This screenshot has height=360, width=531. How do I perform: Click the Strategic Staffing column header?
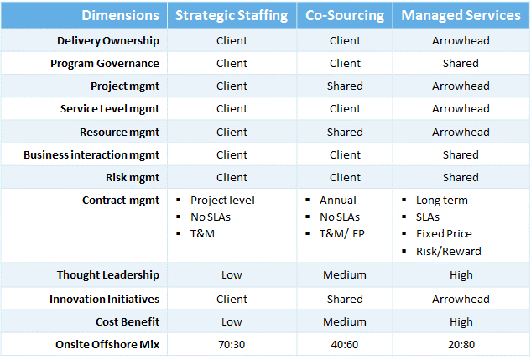coord(232,16)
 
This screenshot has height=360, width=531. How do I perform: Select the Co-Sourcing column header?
coord(345,16)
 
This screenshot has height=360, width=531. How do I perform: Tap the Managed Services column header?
coord(461,16)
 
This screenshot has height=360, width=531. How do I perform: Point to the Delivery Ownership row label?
coord(108,40)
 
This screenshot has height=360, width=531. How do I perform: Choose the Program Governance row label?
coord(105,63)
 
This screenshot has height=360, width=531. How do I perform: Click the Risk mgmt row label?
coord(133,177)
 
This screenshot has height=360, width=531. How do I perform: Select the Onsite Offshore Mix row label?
coord(107,344)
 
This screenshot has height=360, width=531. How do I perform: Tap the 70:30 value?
coord(232,344)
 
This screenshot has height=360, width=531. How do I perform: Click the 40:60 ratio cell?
coord(345,344)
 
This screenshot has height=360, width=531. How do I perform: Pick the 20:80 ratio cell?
coord(461,344)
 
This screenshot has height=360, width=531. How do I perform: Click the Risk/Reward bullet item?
coord(448,251)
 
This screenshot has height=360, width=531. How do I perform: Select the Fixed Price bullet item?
coord(444,233)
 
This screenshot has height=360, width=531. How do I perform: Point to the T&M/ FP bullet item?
coord(342,233)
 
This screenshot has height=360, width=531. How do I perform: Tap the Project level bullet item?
coord(222,201)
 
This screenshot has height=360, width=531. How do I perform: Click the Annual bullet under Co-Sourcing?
coord(338,201)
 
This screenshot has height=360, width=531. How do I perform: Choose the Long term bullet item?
coord(442,201)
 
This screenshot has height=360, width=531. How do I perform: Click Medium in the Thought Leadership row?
coord(345,274)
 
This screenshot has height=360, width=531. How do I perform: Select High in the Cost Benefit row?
coord(461,321)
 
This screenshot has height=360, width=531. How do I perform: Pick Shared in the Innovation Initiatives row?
coord(345,299)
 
